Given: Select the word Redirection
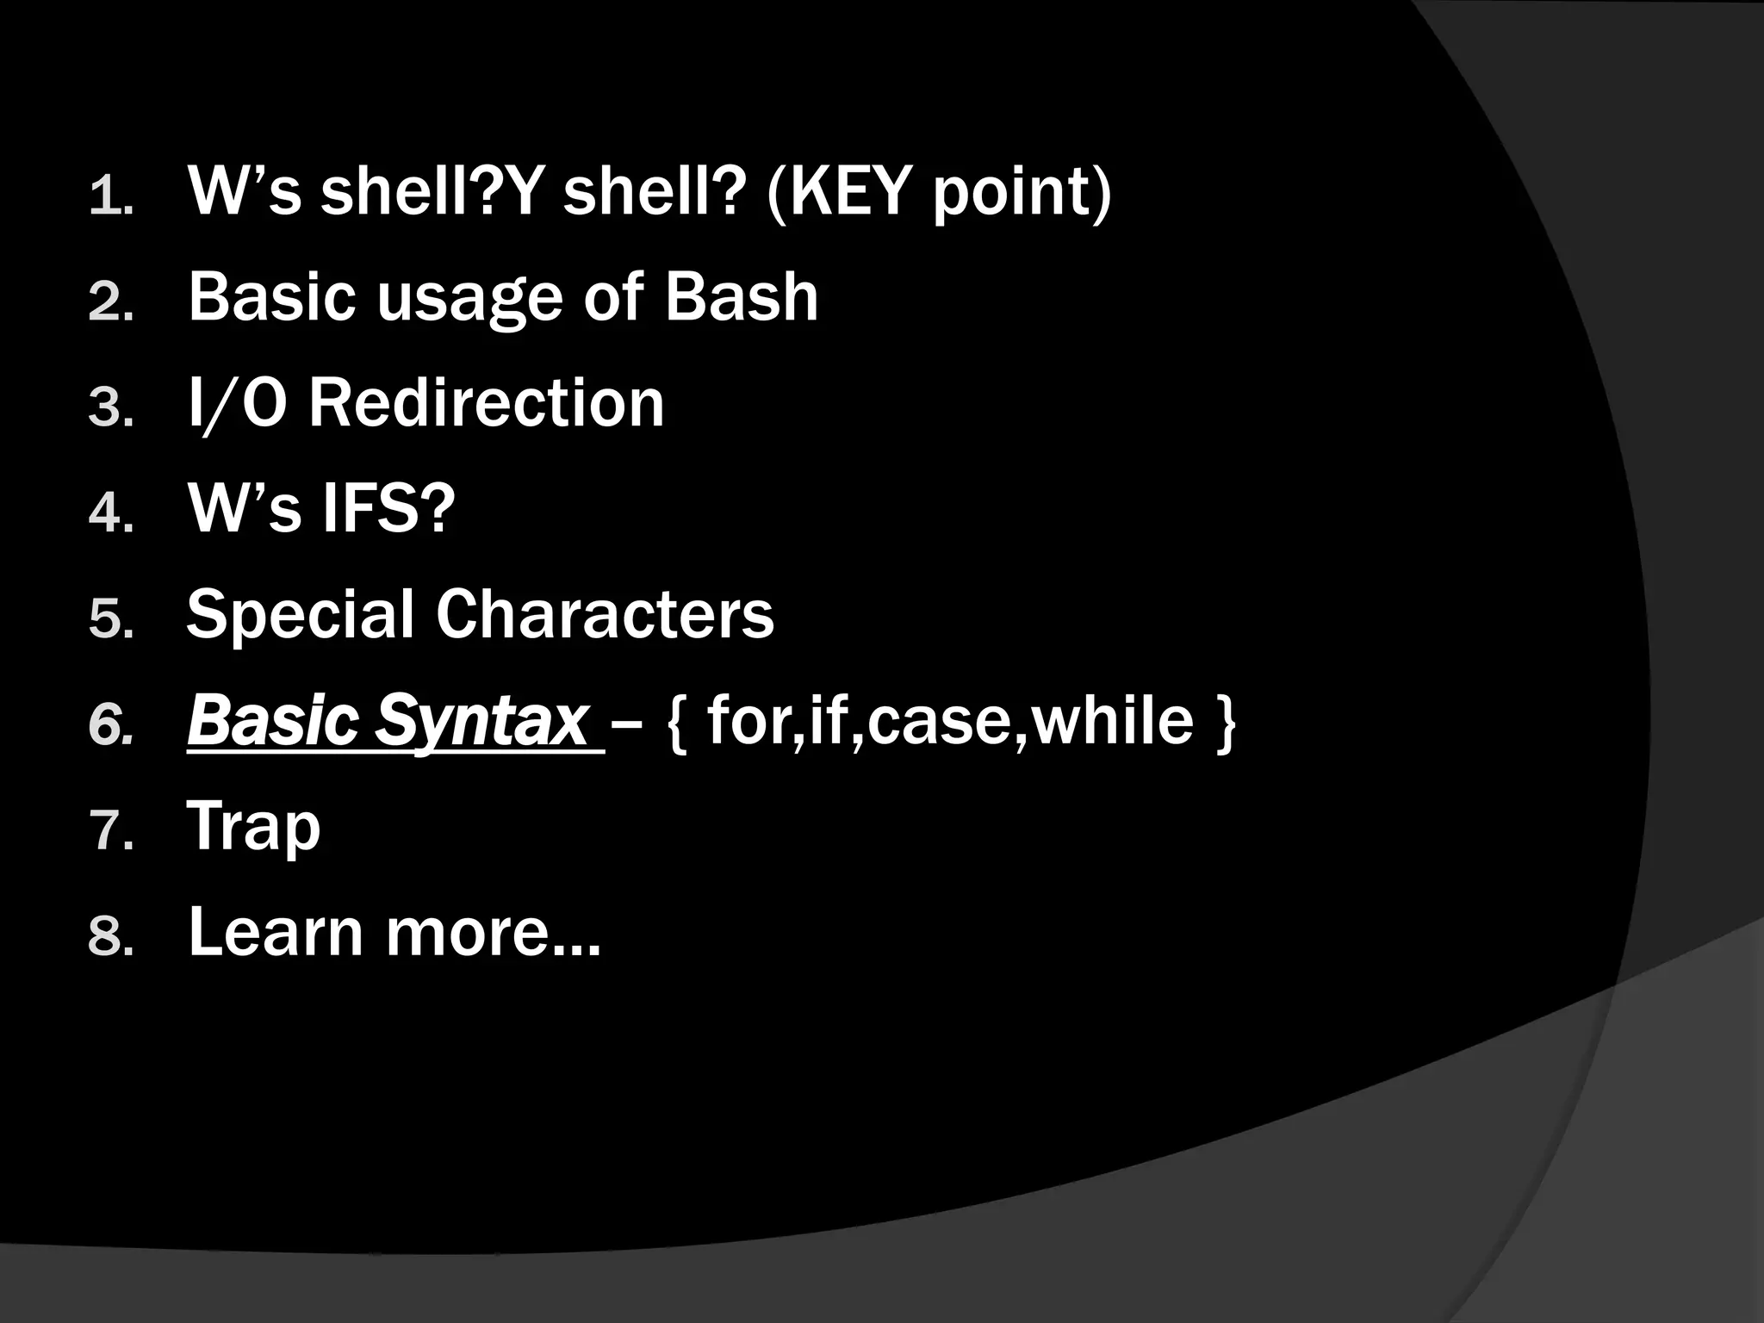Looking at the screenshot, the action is [x=487, y=403].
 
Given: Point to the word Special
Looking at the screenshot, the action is [x=301, y=615].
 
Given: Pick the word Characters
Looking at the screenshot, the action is [x=605, y=615].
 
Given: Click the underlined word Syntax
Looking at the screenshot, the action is [x=482, y=721].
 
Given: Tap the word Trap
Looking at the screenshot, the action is [x=253, y=827].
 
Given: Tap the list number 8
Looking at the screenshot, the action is [x=109, y=938].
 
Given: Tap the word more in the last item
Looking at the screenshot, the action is [x=492, y=934].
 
